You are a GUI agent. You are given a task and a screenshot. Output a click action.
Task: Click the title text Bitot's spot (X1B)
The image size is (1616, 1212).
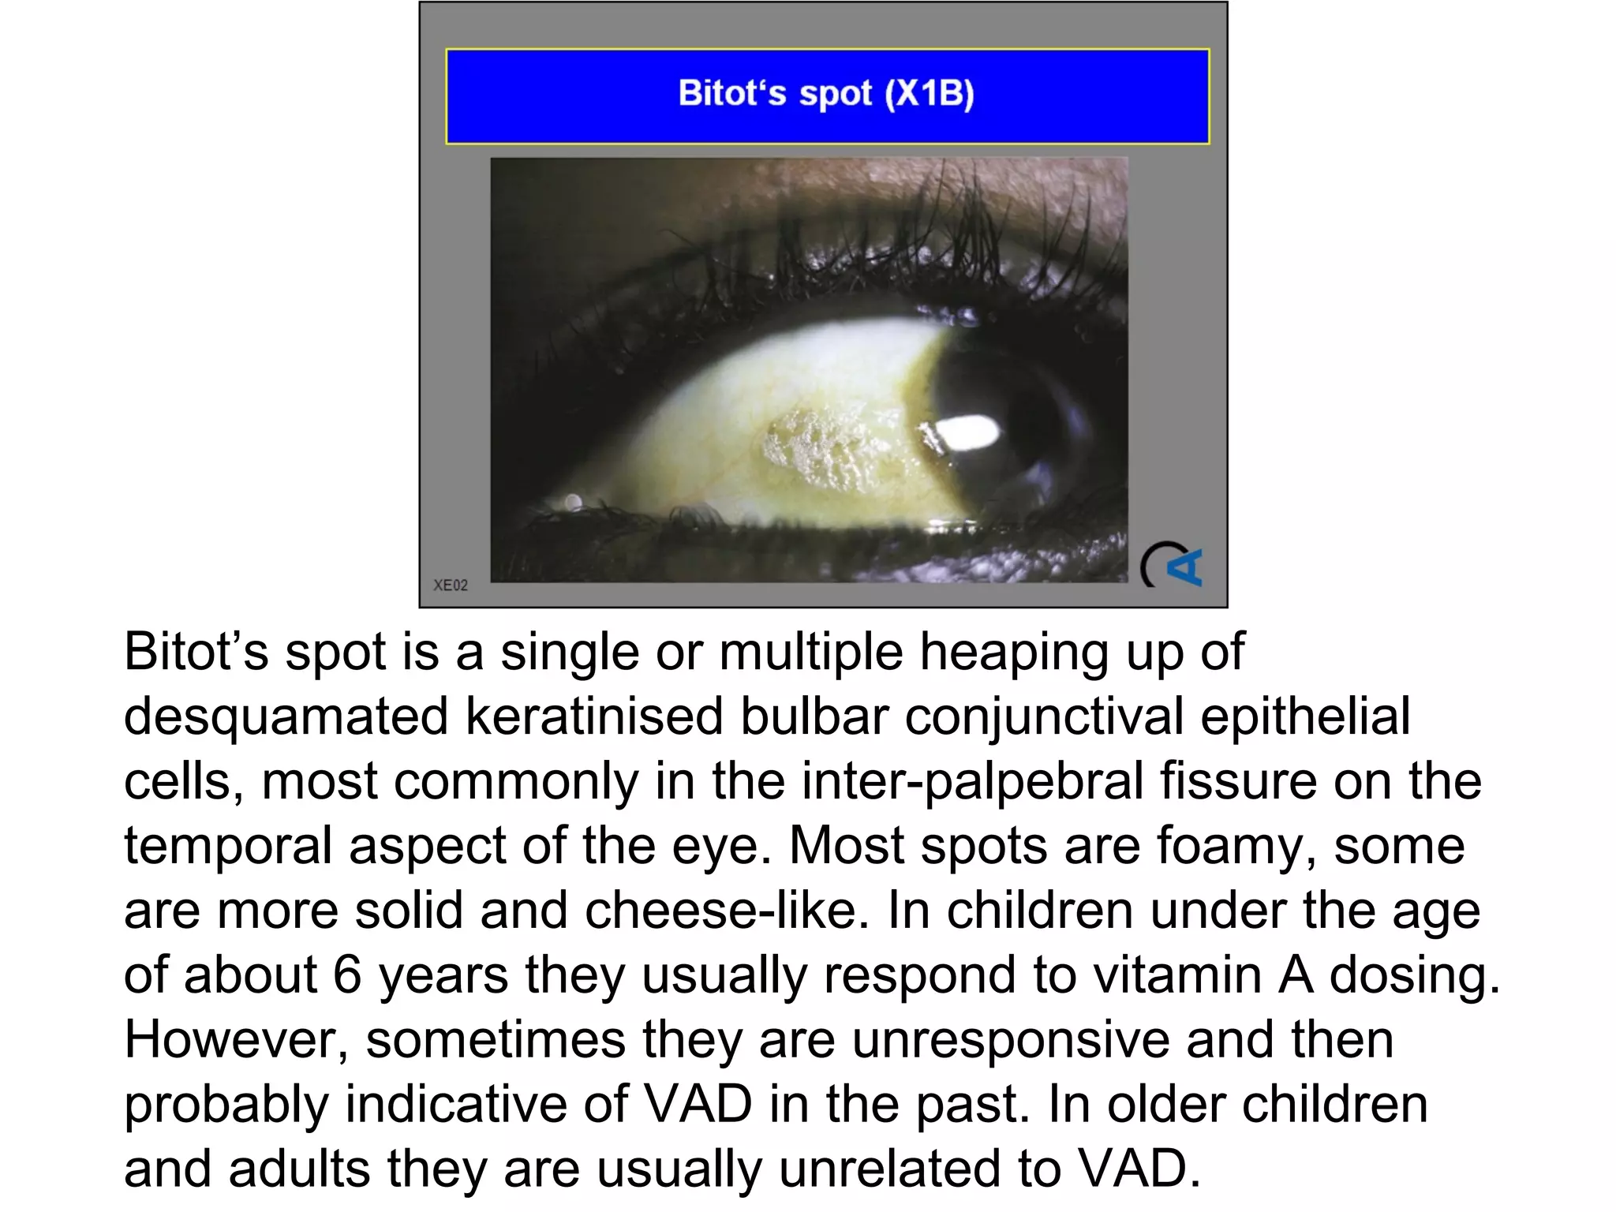pyautogui.click(x=826, y=94)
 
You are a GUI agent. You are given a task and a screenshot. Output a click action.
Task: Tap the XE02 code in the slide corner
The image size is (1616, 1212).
pyautogui.click(x=451, y=585)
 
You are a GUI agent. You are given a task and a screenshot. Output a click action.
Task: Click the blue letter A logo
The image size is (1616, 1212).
pyautogui.click(x=1184, y=566)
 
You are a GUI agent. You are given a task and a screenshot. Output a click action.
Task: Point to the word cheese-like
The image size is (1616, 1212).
pyautogui.click(x=720, y=911)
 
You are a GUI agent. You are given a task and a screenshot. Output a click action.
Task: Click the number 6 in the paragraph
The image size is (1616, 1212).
pyautogui.click(x=347, y=975)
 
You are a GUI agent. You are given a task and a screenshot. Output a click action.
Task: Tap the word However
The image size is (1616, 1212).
pyautogui.click(x=236, y=1040)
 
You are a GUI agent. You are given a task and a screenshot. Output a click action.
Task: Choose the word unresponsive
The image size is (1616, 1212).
pyautogui.click(x=1010, y=1040)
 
